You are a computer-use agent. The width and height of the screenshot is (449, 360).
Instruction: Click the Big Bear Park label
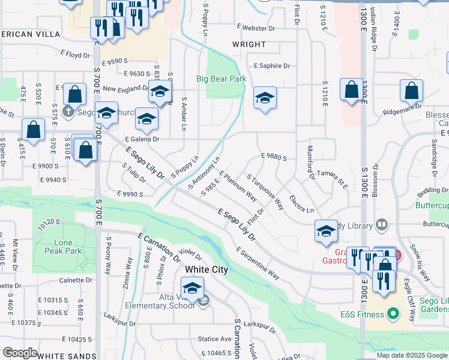coord(221,79)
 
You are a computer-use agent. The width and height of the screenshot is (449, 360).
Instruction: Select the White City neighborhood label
coord(206,269)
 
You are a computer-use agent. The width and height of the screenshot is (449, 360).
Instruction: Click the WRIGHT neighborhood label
coord(249,44)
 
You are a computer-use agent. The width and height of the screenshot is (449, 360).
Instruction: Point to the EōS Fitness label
coord(360,314)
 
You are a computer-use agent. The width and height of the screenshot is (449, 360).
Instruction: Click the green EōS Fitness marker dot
coord(393,313)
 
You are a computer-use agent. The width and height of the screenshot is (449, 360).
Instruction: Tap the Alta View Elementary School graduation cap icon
coord(193,288)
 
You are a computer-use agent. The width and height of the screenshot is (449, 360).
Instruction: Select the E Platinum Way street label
coord(238,186)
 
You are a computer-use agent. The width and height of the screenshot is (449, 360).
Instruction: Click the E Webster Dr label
coord(255,27)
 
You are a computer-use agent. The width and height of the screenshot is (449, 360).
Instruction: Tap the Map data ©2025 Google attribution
coord(412,355)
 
